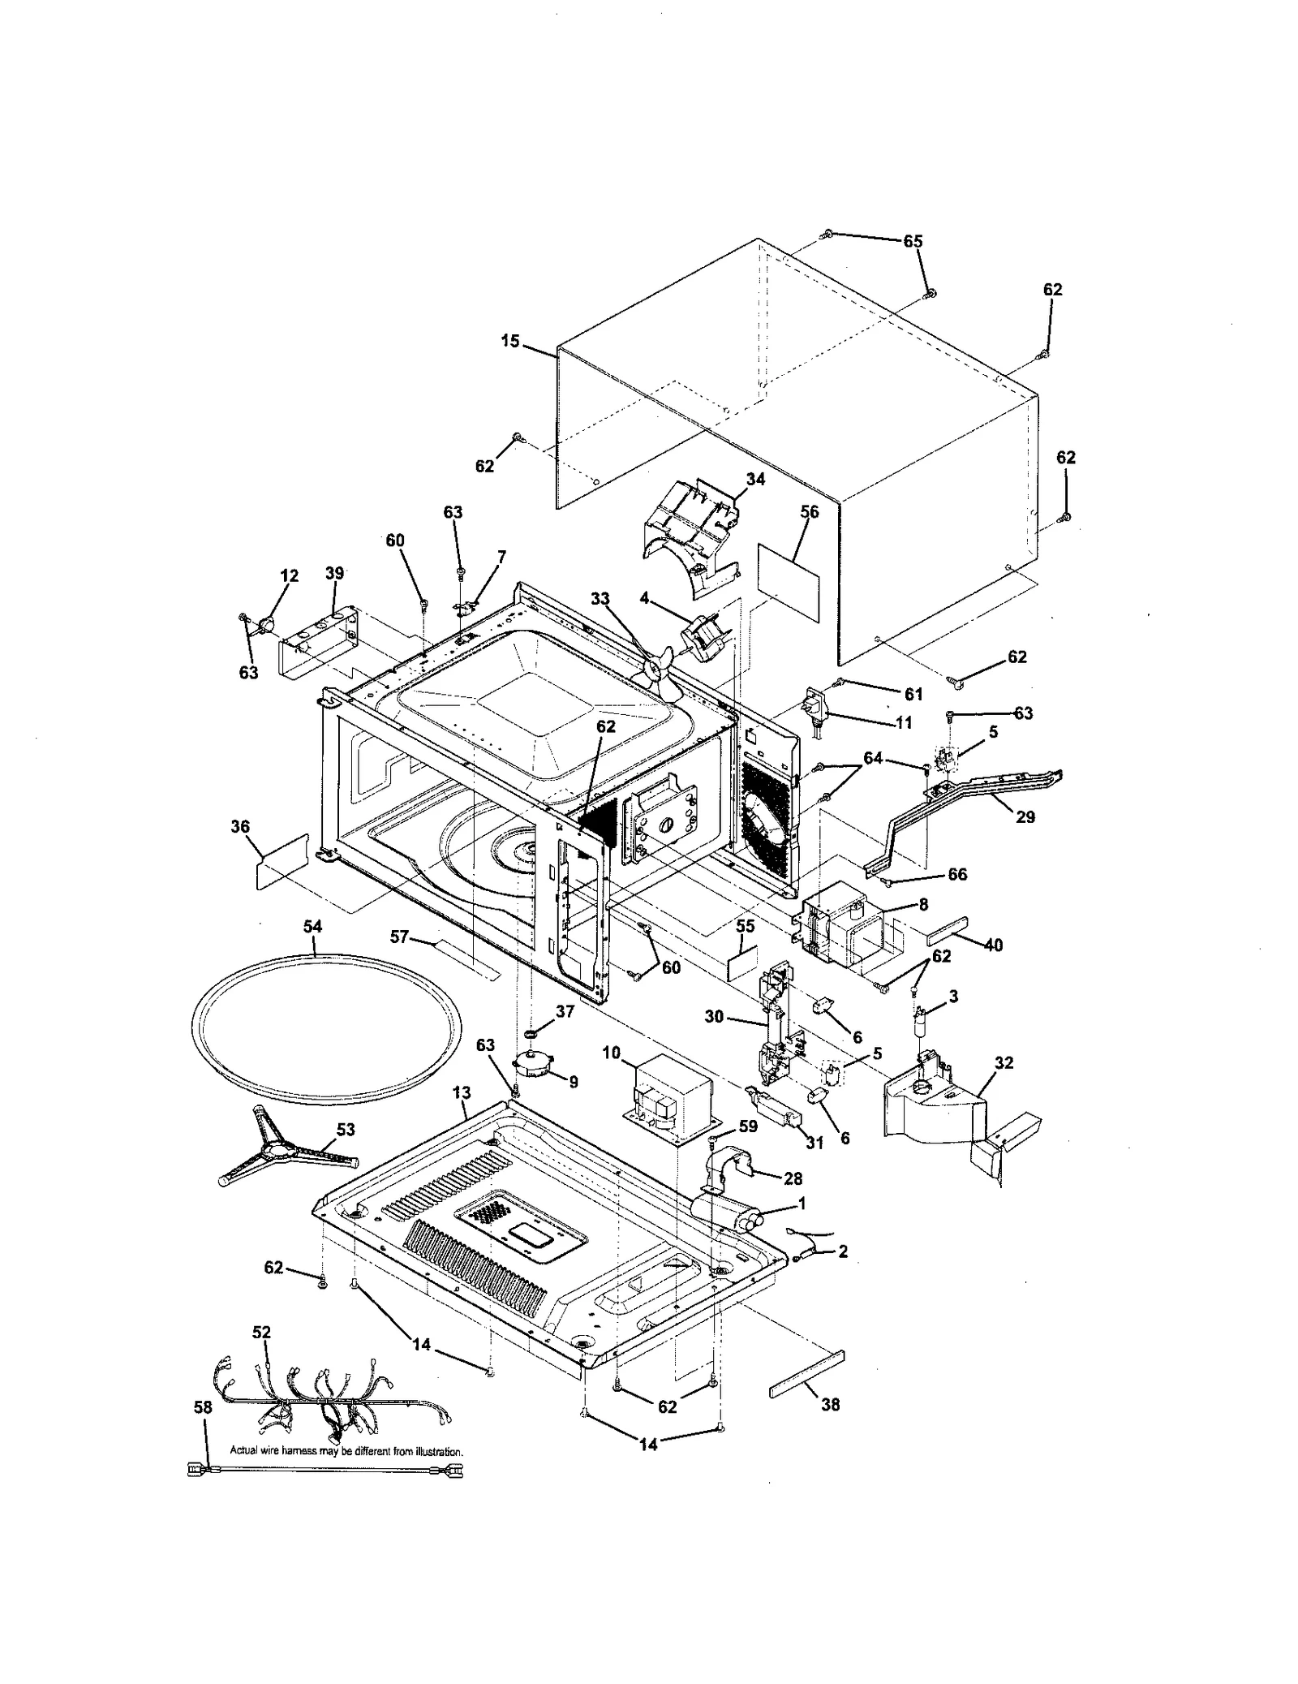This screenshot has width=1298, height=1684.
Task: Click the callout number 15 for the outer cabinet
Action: pos(509,341)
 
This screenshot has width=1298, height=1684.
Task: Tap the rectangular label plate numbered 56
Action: pos(788,572)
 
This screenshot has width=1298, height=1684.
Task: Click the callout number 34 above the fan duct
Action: pos(755,479)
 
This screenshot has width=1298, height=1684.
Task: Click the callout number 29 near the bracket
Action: pos(1025,816)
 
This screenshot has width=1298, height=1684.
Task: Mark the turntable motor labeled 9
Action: pos(533,1064)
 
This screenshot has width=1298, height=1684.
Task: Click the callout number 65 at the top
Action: pos(913,241)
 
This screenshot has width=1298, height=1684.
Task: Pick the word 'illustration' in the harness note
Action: pos(439,1450)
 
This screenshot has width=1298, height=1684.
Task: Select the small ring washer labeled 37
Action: pos(531,1036)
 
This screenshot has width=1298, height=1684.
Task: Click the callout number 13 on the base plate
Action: pos(461,1093)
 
